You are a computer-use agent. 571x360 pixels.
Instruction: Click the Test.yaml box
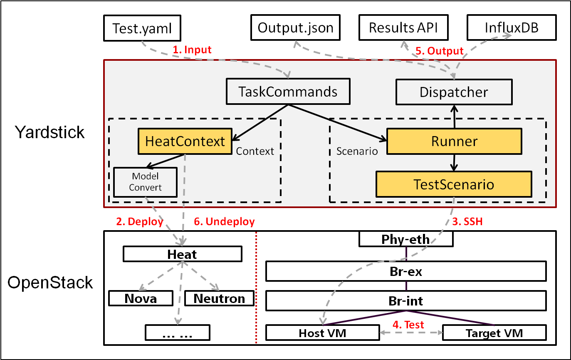(x=142, y=28)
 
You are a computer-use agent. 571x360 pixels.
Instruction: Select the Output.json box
(x=295, y=27)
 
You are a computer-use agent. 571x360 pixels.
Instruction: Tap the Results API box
(x=403, y=27)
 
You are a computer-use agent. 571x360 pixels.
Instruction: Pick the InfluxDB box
(x=512, y=27)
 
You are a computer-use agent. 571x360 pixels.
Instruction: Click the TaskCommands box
(x=288, y=92)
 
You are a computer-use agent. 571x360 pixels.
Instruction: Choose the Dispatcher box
(x=454, y=92)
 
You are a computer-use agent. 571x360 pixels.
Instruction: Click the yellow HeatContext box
(x=185, y=142)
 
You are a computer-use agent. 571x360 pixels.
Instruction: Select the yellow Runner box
(x=454, y=142)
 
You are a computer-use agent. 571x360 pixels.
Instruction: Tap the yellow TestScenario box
(x=454, y=184)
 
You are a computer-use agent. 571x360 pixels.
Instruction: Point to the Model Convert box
(x=145, y=182)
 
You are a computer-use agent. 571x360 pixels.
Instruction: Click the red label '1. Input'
(x=192, y=50)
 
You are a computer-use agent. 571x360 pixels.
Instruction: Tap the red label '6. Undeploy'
(x=224, y=221)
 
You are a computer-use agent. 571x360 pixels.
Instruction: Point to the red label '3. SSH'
(x=467, y=221)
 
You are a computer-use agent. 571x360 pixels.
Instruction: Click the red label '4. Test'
(x=408, y=325)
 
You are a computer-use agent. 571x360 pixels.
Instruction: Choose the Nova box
(x=141, y=298)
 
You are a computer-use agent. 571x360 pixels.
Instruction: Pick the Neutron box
(x=219, y=298)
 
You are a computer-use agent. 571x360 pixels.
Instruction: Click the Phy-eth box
(x=406, y=239)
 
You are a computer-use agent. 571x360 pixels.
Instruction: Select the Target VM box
(x=494, y=333)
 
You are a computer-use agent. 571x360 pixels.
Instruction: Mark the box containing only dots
(x=178, y=333)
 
